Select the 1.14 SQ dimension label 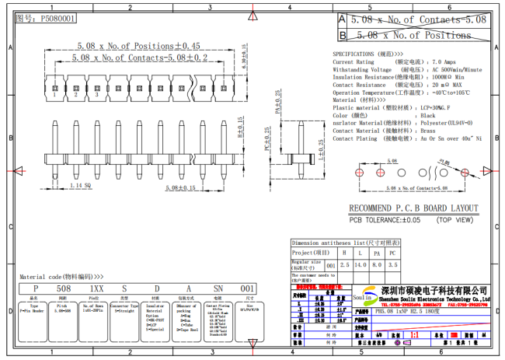pos(82,187)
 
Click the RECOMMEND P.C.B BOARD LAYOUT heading pos(413,208)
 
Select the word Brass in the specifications pos(429,130)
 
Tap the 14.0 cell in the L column pos(361,265)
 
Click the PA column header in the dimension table pos(377,253)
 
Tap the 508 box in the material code pos(65,288)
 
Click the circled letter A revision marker pos(343,18)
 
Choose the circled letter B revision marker pos(343,35)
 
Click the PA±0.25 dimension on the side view pos(278,102)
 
